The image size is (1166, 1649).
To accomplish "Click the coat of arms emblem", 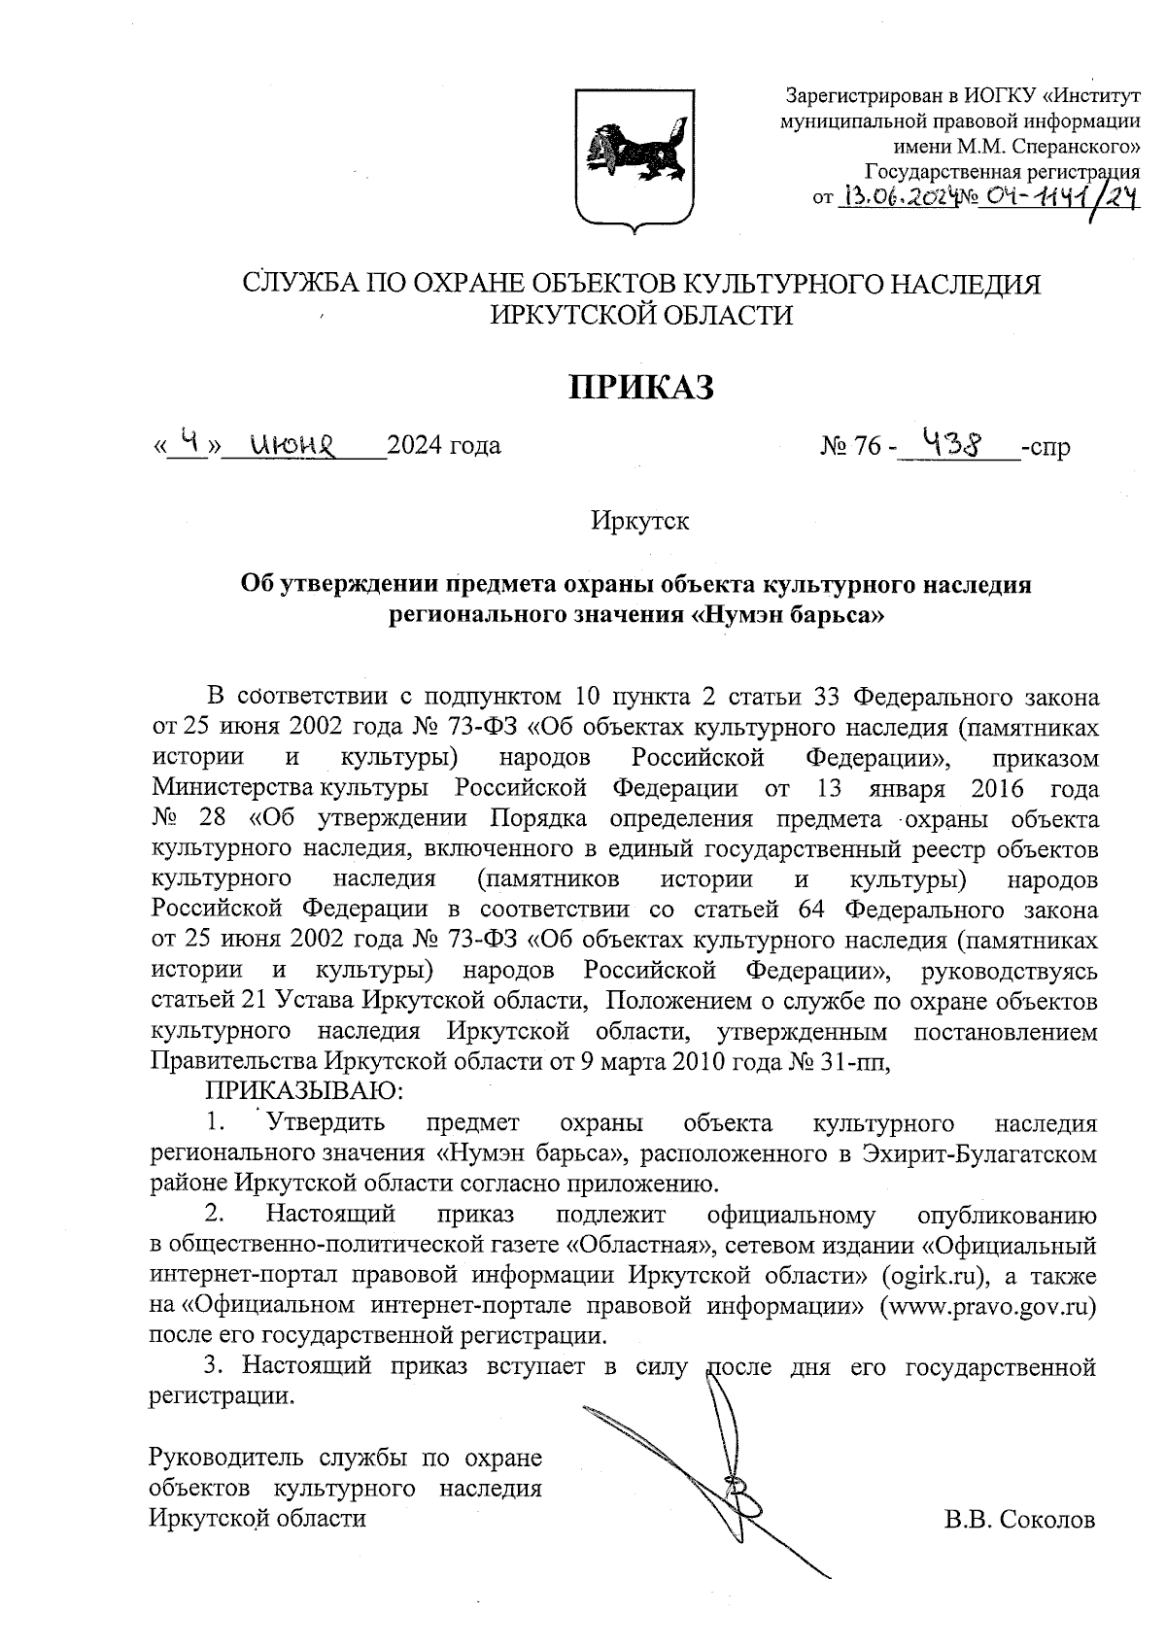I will [634, 157].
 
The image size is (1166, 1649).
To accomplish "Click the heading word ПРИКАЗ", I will [641, 387].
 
